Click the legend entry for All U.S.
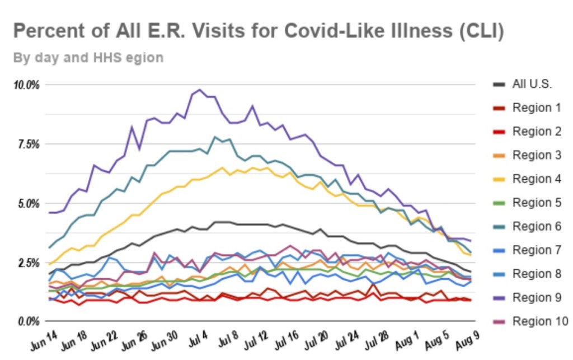click(x=532, y=85)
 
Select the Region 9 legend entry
click(x=536, y=297)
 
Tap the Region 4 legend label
click(x=536, y=179)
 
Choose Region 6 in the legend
click(x=536, y=226)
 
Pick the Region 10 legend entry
click(x=539, y=321)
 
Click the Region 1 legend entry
click(x=536, y=107)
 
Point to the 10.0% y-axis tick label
click(x=26, y=85)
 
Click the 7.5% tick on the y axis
click(x=28, y=144)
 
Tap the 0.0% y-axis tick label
click(x=28, y=321)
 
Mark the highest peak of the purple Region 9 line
click(x=200, y=90)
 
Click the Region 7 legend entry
click(x=536, y=250)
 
